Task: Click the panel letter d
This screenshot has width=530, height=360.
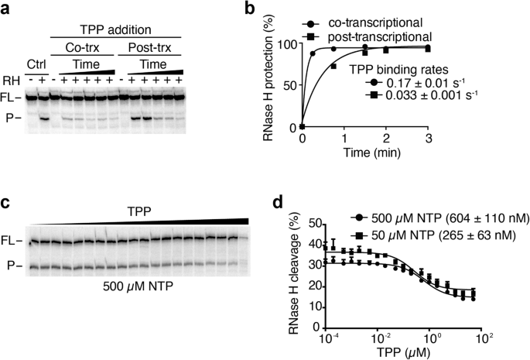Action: coord(268,204)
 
